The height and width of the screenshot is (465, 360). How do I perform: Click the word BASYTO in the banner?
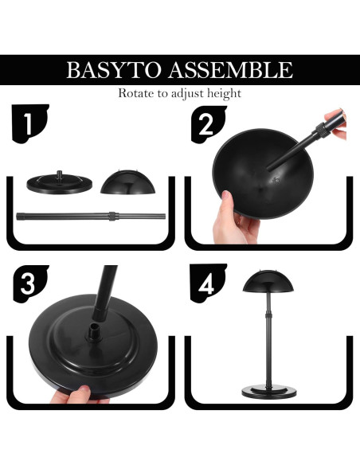[114, 70]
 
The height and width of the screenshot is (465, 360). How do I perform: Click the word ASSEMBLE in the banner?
[230, 70]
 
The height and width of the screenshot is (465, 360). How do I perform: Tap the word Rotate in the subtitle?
[136, 93]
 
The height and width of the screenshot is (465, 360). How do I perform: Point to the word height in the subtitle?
[224, 93]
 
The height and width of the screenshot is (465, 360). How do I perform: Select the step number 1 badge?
[29, 123]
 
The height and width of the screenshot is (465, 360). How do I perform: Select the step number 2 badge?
[208, 124]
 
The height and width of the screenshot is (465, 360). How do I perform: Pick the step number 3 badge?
[30, 283]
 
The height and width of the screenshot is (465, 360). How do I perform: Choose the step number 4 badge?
[208, 283]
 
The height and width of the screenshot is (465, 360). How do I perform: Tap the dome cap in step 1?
[127, 182]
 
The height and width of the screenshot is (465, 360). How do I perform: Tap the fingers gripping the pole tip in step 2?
[337, 124]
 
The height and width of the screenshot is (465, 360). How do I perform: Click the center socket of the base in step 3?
[94, 333]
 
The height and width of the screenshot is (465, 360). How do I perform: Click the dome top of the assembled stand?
[268, 280]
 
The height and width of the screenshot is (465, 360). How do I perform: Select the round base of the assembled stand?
[269, 391]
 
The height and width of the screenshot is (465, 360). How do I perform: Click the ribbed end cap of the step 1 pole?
[21, 217]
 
